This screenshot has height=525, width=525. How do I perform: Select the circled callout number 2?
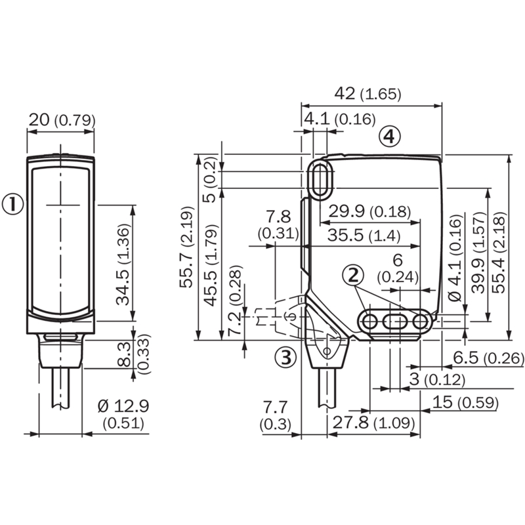353,276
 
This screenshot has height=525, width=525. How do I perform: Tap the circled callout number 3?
285,357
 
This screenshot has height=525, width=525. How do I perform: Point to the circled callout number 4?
390,136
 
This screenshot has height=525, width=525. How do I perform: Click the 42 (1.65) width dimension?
367,94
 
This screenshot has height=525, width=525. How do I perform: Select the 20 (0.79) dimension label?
62,120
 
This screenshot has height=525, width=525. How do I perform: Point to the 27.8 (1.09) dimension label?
373,423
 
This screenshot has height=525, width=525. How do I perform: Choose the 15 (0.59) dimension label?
465,402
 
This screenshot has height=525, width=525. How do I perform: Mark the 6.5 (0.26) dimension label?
488,358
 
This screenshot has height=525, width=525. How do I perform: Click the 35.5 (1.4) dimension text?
364,236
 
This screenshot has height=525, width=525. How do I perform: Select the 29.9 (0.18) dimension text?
369,211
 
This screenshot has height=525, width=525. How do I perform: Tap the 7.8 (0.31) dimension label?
278,225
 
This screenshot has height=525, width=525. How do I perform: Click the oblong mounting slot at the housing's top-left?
321,180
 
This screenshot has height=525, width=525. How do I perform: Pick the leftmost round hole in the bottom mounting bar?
370,322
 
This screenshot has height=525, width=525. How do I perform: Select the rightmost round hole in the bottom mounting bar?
420,322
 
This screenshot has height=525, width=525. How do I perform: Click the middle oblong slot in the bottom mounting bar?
395,322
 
